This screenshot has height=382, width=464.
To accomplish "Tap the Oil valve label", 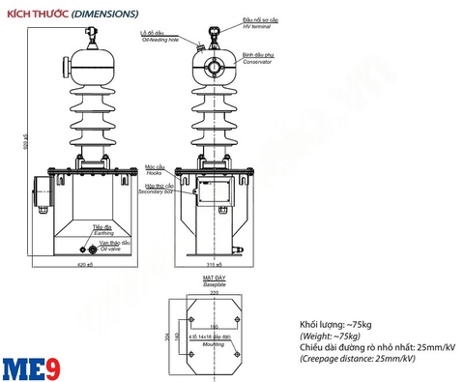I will pyautogui.click(x=109, y=248).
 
